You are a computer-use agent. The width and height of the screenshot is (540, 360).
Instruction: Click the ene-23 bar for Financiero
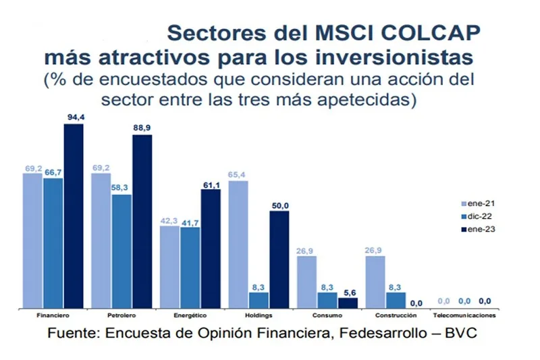tap(74, 216)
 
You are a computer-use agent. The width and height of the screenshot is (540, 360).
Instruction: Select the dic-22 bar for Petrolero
tap(122, 252)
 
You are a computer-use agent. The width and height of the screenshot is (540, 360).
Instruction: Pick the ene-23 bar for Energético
tap(211, 249)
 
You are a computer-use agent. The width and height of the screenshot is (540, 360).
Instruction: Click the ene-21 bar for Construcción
tap(375, 282)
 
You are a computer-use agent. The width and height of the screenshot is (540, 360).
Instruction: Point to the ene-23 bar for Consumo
tap(348, 303)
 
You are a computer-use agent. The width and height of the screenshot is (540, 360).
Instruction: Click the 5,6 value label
tap(348, 292)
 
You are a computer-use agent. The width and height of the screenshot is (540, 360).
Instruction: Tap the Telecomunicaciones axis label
tap(464, 316)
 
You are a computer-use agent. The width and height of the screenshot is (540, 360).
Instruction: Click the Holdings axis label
tap(259, 316)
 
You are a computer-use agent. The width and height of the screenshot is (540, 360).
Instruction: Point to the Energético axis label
tap(191, 316)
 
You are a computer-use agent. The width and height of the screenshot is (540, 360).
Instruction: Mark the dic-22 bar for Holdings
tap(259, 301)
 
